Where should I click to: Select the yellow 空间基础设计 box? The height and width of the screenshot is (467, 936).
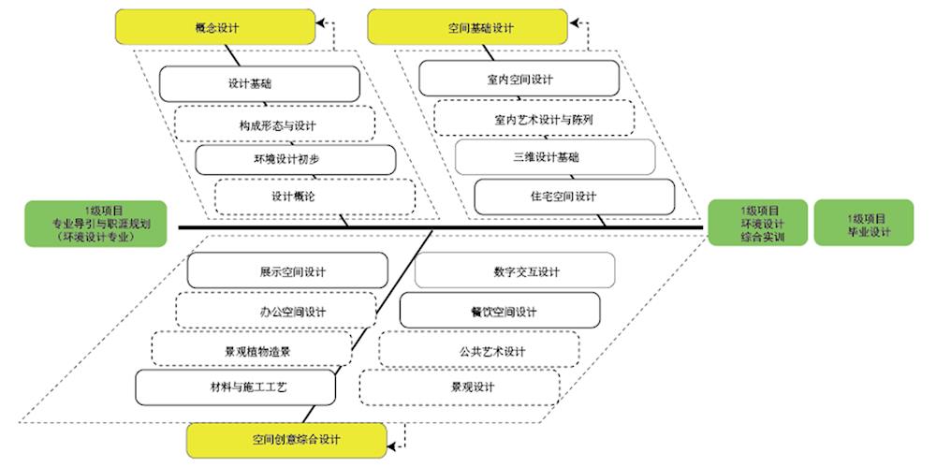pos(468,27)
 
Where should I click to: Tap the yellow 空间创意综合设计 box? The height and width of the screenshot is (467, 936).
pos(286,439)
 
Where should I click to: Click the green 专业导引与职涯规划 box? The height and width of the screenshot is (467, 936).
pos(96,224)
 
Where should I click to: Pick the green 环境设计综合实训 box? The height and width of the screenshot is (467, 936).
pos(759,224)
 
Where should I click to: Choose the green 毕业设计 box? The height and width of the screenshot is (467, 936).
pos(863,223)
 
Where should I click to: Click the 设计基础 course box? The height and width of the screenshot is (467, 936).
pos(259,83)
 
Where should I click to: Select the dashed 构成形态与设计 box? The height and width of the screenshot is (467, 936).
pos(274,123)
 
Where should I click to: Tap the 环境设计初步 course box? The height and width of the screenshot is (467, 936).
pos(295,159)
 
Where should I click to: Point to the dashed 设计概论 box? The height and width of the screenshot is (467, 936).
pos(314,197)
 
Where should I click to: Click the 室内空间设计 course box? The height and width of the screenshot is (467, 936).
pos(519,79)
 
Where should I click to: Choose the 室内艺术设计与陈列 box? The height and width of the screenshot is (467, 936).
pos(534,118)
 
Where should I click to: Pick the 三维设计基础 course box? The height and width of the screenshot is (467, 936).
pos(554,157)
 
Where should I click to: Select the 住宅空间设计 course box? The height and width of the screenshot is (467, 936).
pos(574,197)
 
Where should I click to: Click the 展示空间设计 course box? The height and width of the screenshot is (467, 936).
pos(287,270)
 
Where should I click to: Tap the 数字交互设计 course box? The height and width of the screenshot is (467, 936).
pos(515,270)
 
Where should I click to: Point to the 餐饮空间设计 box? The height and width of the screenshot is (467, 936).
pos(500,311)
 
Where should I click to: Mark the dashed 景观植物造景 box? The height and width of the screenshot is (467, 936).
pos(251,349)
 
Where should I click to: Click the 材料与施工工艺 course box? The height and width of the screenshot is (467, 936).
pos(235,386)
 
